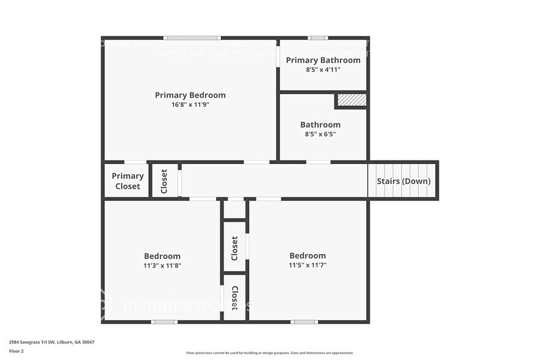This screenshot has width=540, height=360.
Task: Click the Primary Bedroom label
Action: [x=190, y=95]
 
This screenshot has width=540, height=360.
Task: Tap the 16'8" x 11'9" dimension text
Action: [x=190, y=105]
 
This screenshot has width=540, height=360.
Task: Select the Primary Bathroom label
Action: [x=323, y=60]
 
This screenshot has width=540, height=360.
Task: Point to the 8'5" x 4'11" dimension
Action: [x=323, y=70]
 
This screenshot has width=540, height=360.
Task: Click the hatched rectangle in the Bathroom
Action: [x=352, y=100]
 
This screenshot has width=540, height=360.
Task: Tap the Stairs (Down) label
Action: [x=403, y=181]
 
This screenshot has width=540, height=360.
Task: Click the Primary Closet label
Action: [x=127, y=181]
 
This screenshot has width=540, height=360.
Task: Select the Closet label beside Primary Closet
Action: [x=164, y=181]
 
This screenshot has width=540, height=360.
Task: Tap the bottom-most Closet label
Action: [x=234, y=298]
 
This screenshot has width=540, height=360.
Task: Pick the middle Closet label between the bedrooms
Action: [x=234, y=249]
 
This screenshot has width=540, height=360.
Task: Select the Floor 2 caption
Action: [x=17, y=351]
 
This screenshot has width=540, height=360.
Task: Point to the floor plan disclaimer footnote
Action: [x=269, y=353]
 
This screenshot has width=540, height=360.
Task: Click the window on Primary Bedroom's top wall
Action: [x=192, y=38]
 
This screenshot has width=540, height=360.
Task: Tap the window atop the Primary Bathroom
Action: [x=317, y=38]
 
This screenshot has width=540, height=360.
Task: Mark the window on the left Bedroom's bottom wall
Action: [x=164, y=321]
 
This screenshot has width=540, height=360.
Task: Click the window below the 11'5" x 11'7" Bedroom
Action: [x=304, y=321]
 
